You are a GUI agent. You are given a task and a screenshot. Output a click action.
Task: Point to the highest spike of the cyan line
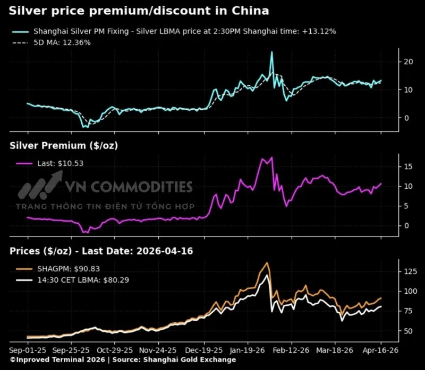(271, 52)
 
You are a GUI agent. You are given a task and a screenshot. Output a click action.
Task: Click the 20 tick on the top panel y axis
(408, 62)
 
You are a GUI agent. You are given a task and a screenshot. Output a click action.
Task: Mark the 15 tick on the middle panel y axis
(408, 166)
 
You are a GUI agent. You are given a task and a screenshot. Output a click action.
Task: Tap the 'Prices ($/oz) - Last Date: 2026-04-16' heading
(101, 251)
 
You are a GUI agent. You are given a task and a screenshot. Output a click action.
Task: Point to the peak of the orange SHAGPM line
(267, 263)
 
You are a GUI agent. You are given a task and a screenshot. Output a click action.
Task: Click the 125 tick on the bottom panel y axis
(409, 271)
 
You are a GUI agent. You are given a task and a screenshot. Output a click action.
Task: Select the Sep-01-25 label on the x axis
(27, 350)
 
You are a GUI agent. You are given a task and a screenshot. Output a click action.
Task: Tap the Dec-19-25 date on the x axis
(203, 350)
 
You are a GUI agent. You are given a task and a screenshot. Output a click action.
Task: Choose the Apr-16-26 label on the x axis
(380, 350)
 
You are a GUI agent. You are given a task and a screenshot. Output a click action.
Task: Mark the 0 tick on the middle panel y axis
(407, 225)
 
